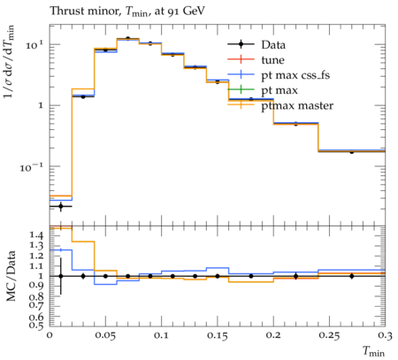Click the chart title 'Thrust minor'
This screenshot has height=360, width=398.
[x=85, y=11]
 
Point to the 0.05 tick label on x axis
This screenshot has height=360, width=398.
[x=105, y=335]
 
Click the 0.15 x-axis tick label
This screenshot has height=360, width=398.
[x=218, y=335]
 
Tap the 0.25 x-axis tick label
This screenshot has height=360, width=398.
[x=329, y=335]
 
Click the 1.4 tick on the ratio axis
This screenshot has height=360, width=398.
[x=36, y=235]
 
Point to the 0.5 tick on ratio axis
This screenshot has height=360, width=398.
[x=36, y=325]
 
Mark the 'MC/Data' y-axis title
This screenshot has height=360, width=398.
[x=11, y=276]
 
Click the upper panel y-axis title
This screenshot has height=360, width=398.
[x=9, y=61]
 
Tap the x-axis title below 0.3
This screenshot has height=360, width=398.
[x=373, y=351]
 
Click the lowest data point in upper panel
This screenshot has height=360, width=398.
[x=61, y=206]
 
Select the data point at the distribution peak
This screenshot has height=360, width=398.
[x=127, y=38]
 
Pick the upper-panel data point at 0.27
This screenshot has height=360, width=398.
[x=351, y=151]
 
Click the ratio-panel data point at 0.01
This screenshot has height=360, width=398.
[x=61, y=276]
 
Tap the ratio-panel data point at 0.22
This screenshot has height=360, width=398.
[x=295, y=276]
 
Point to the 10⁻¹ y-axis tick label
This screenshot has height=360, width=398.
[x=31, y=167]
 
